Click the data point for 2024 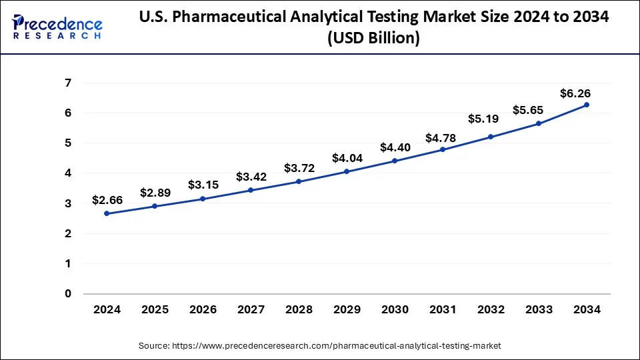(x=107, y=213)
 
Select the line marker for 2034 (x=587, y=105)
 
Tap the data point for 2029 (x=347, y=171)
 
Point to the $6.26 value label (x=575, y=93)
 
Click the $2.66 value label (x=107, y=199)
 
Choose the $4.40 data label (x=395, y=147)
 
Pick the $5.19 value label (x=491, y=119)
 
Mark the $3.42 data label (x=251, y=177)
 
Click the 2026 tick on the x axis (x=203, y=310)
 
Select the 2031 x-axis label (x=443, y=310)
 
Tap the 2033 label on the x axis (x=539, y=310)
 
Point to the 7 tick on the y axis (x=68, y=83)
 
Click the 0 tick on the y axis (x=68, y=293)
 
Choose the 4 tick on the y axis (x=68, y=173)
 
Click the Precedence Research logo (x=57, y=27)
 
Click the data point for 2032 (x=491, y=137)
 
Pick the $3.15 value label (x=203, y=185)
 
